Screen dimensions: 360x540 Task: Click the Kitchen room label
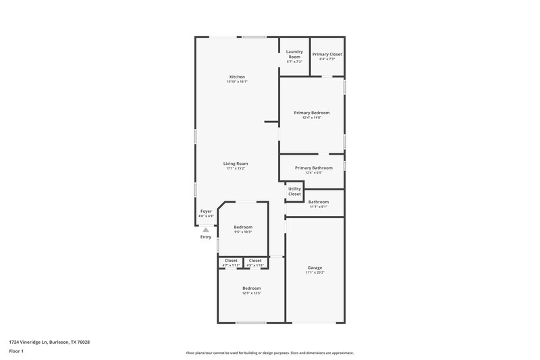pyautogui.click(x=237, y=77)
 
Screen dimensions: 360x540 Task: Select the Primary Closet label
pyautogui.click(x=327, y=54)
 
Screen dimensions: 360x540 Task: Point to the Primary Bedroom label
pyautogui.click(x=312, y=112)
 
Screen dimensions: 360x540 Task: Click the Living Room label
pyautogui.click(x=236, y=163)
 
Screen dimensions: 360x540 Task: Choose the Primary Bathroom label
pyautogui.click(x=314, y=168)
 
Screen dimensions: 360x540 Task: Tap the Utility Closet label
pyautogui.click(x=295, y=191)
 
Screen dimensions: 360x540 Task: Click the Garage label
pyautogui.click(x=315, y=267)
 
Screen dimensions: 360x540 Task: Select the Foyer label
pyautogui.click(x=206, y=211)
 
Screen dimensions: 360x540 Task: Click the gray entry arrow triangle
pyautogui.click(x=206, y=230)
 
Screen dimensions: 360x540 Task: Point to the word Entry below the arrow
pyautogui.click(x=206, y=237)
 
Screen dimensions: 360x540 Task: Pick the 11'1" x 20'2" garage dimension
pyautogui.click(x=315, y=273)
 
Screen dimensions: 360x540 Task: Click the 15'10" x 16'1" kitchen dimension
pyautogui.click(x=237, y=82)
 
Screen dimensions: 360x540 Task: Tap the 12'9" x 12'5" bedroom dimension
pyautogui.click(x=252, y=293)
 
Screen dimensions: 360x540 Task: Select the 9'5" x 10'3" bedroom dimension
pyautogui.click(x=243, y=232)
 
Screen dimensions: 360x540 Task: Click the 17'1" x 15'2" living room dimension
pyautogui.click(x=236, y=168)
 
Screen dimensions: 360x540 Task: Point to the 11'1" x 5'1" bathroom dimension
pyautogui.click(x=319, y=207)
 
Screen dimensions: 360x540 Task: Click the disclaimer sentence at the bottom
pyautogui.click(x=270, y=353)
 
